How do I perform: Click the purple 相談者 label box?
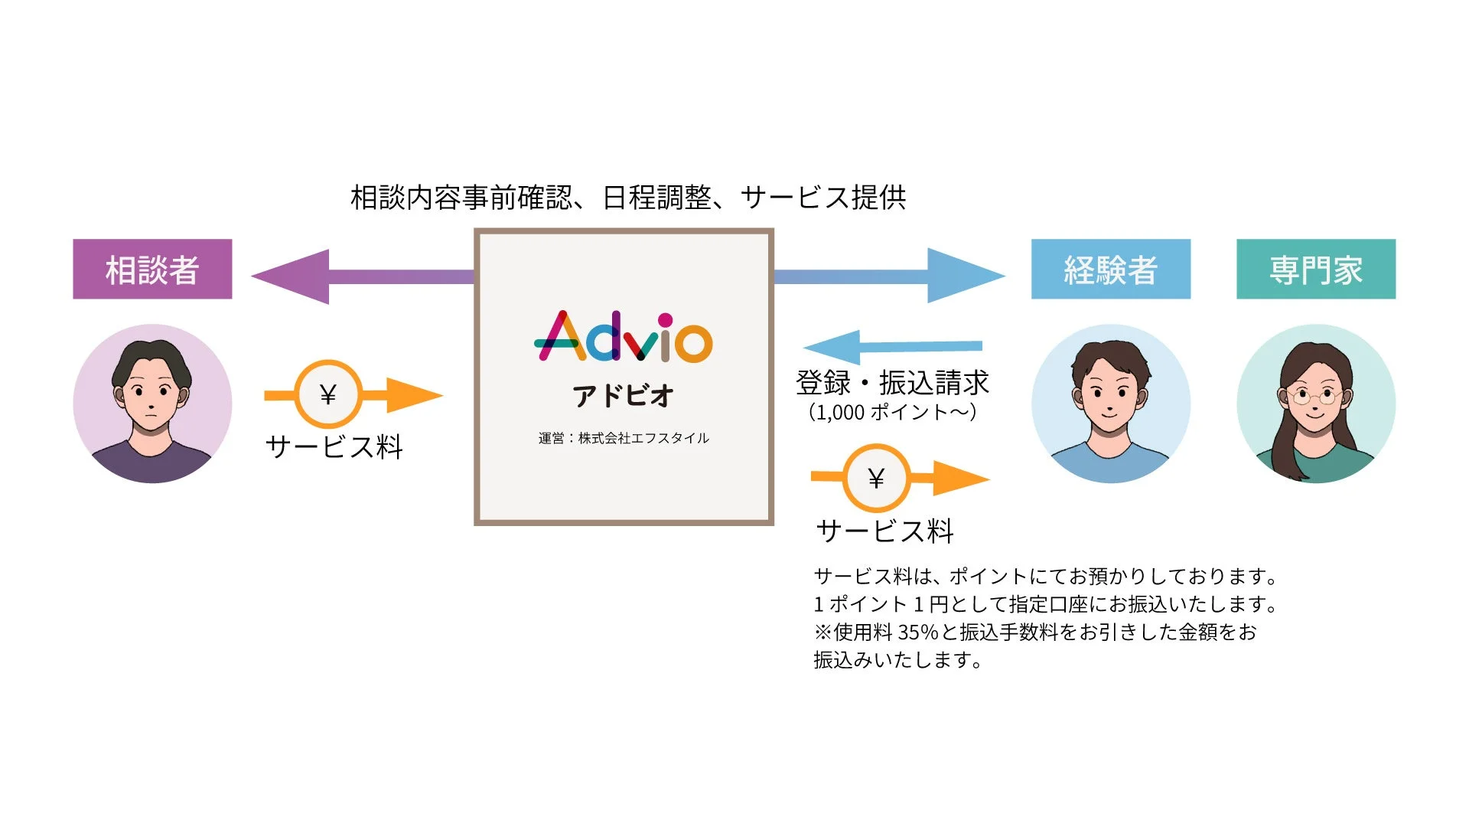[x=152, y=269]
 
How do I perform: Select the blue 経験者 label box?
[x=1110, y=269]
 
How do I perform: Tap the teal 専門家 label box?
[x=1316, y=269]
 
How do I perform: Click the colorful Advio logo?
[x=624, y=337]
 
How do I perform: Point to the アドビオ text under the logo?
[x=624, y=395]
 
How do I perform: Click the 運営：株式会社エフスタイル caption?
[x=624, y=438]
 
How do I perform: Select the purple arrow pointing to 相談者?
[x=360, y=276]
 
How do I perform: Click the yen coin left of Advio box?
[x=328, y=394]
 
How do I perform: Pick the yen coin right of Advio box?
[x=876, y=478]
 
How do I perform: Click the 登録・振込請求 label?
[x=892, y=382]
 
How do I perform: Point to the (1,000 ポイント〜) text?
[x=892, y=412]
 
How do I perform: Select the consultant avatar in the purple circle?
[x=152, y=404]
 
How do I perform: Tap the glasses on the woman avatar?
[x=1314, y=396]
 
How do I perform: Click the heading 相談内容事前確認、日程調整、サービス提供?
[x=628, y=198]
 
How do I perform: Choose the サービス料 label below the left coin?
[x=334, y=446]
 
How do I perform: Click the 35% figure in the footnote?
[x=918, y=633]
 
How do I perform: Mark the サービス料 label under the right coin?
[x=885, y=531]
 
